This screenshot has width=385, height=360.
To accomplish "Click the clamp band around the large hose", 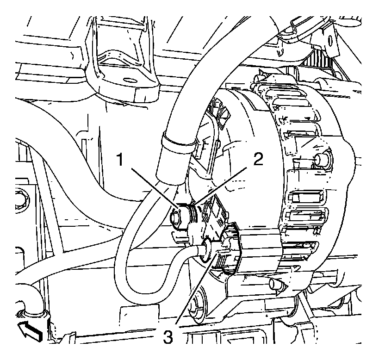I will point(174,142).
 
